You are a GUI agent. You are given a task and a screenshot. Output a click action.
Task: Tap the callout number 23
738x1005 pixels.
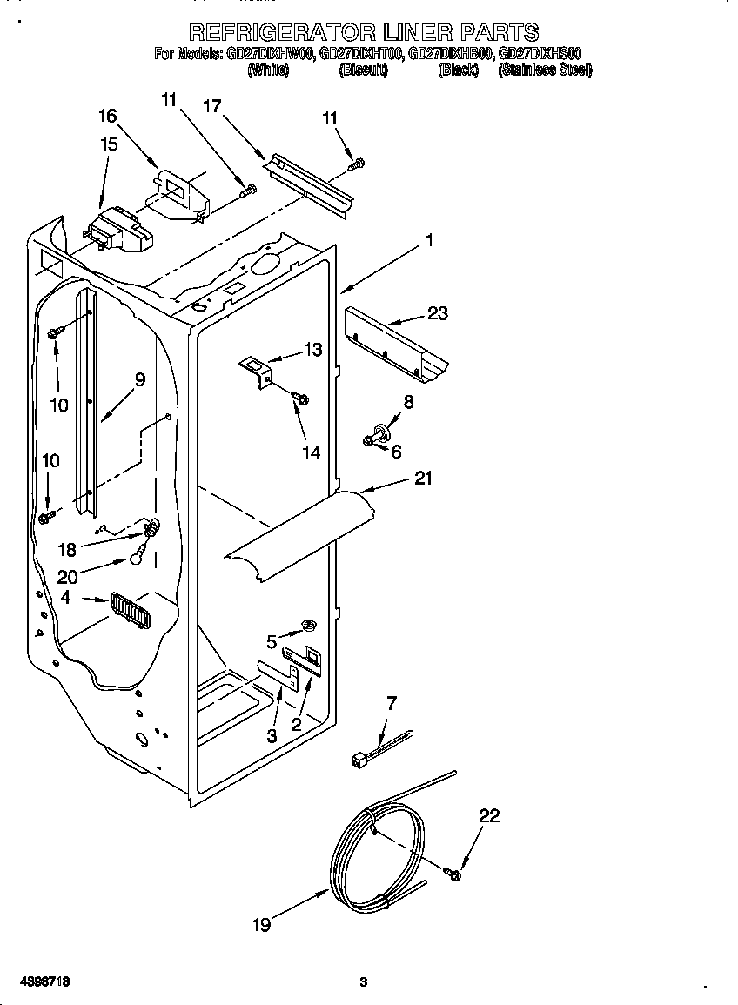coord(437,313)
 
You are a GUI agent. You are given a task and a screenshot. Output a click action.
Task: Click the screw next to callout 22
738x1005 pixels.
coord(452,871)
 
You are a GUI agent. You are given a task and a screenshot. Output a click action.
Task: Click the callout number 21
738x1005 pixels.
coord(423,478)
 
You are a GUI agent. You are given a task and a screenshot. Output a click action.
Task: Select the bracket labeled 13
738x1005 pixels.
coord(257,371)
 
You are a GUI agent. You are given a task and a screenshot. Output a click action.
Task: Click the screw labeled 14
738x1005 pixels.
coord(301,399)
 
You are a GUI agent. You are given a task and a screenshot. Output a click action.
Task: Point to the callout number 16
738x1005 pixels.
coord(107,116)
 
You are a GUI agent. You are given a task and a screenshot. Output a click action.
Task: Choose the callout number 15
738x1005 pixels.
coord(108,144)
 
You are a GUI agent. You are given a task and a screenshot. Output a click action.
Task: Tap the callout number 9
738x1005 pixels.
coord(139,379)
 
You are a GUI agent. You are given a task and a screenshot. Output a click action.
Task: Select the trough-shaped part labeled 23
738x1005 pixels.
coord(397,346)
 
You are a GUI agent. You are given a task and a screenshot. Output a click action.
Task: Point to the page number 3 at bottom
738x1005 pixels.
coord(364,982)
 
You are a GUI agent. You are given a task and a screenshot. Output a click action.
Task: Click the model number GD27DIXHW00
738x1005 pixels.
coord(271,53)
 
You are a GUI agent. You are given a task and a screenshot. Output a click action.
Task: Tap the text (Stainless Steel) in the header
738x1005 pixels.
coord(545,70)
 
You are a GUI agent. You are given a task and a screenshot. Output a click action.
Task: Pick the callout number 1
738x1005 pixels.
coord(428,240)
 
